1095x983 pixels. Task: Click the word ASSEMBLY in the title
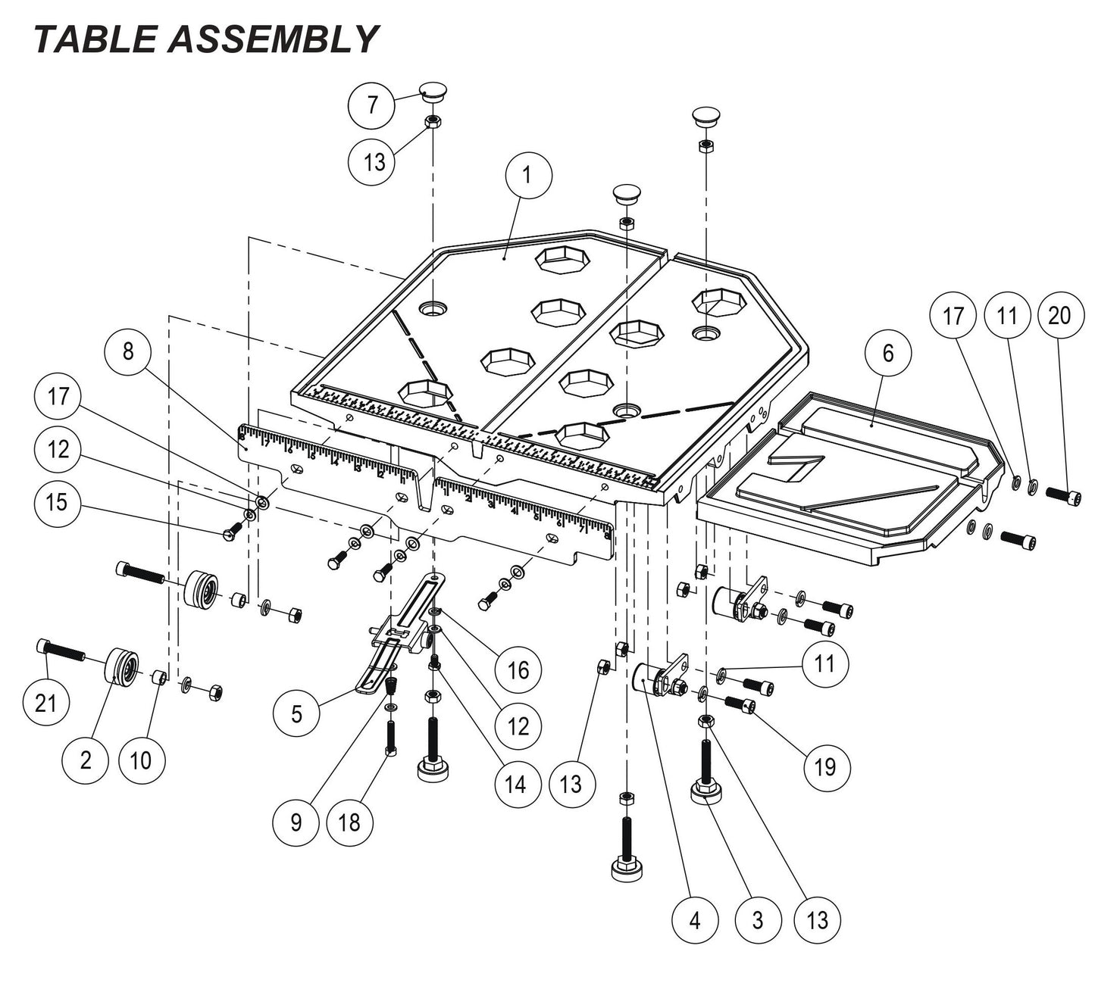point(272,39)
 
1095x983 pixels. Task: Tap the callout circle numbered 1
point(528,174)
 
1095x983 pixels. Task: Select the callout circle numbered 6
point(888,353)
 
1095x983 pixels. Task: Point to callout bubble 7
point(371,105)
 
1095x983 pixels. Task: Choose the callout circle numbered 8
point(127,351)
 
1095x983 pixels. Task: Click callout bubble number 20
point(1059,314)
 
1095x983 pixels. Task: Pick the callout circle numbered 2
point(85,760)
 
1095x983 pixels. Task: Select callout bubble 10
point(141,760)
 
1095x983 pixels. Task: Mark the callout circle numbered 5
point(296,713)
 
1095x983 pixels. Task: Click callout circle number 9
point(296,822)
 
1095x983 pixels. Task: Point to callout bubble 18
point(349,822)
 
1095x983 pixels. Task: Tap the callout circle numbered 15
point(58,502)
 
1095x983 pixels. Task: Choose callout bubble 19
point(825,766)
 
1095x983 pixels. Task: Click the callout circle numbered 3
point(757,921)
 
